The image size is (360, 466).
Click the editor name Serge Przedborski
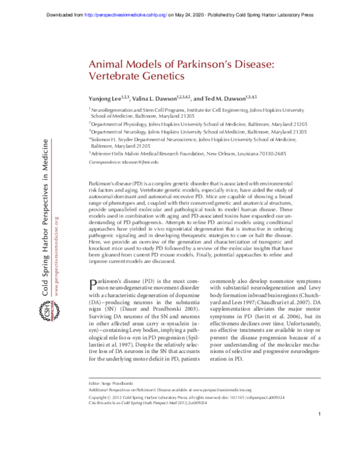(119, 417)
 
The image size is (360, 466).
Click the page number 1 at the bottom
(320, 448)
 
